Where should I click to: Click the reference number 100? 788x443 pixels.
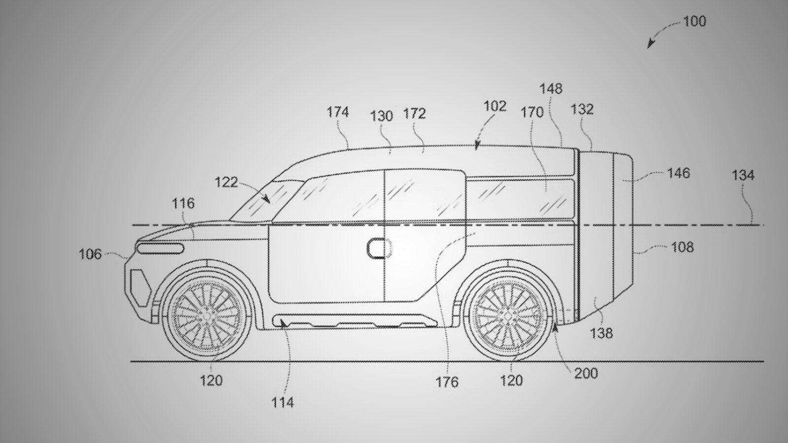coord(694,22)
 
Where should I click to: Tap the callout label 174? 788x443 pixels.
coord(337,112)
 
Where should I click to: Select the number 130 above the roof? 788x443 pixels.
coord(382,116)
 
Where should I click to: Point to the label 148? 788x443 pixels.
coord(551,89)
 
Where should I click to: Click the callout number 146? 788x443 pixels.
coord(679,173)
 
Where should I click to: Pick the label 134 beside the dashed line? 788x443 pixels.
coord(743,175)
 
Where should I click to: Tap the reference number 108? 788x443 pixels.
coord(683,248)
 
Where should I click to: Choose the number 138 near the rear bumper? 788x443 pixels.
coord(601,333)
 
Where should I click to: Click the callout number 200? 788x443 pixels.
coord(586,374)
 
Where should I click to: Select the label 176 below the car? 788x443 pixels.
coord(447,382)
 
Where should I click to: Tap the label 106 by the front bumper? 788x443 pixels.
coord(90,254)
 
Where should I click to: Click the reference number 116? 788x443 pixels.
coord(183,203)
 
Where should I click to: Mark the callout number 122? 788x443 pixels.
coord(226,183)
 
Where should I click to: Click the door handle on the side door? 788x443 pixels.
coord(379,248)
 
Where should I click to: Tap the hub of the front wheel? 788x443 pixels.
coord(206,315)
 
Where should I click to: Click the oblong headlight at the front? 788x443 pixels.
coord(161,248)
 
